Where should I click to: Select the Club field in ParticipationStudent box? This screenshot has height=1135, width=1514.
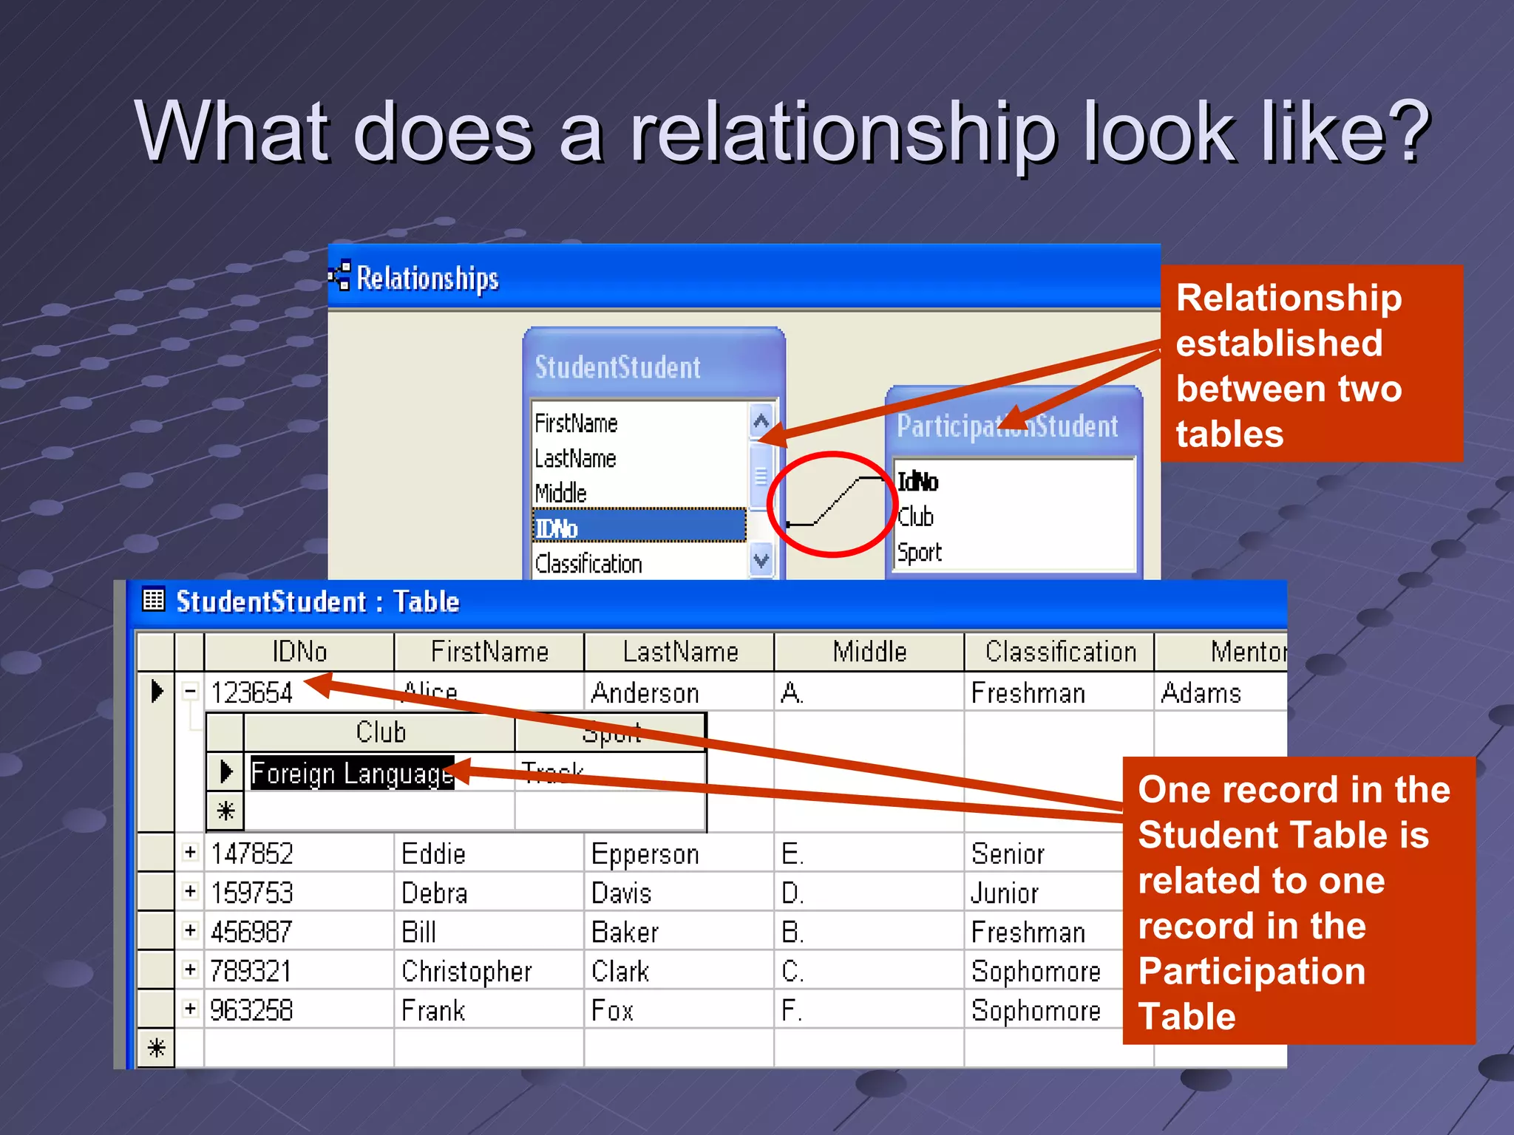916,517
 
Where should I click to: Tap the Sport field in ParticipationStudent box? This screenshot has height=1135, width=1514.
920,552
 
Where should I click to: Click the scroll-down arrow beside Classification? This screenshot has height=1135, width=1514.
761,561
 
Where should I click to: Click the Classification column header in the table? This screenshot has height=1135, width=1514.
1060,652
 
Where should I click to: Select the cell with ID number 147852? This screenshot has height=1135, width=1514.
252,853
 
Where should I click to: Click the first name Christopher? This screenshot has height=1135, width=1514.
466,971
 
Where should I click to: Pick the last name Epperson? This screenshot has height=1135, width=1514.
645,853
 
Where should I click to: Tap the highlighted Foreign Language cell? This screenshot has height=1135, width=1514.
352,773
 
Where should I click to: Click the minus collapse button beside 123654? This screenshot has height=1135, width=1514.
191,692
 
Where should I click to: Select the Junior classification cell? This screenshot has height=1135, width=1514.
1005,893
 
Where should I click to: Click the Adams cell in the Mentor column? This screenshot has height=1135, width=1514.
1201,693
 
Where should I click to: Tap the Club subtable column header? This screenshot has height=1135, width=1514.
380,732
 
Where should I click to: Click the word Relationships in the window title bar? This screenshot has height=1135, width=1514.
427,279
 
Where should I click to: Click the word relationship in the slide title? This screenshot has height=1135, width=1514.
842,133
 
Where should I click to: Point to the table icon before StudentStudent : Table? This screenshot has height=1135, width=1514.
153,599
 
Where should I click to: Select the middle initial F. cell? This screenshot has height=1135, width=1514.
792,1010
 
